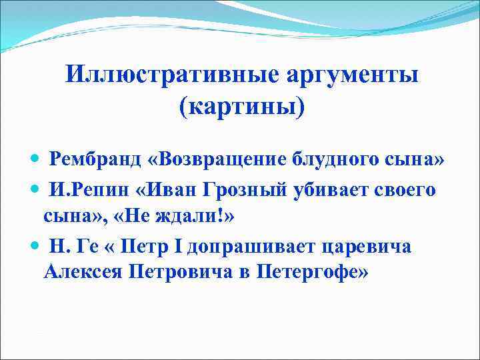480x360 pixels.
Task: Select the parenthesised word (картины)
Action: pos(241,106)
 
